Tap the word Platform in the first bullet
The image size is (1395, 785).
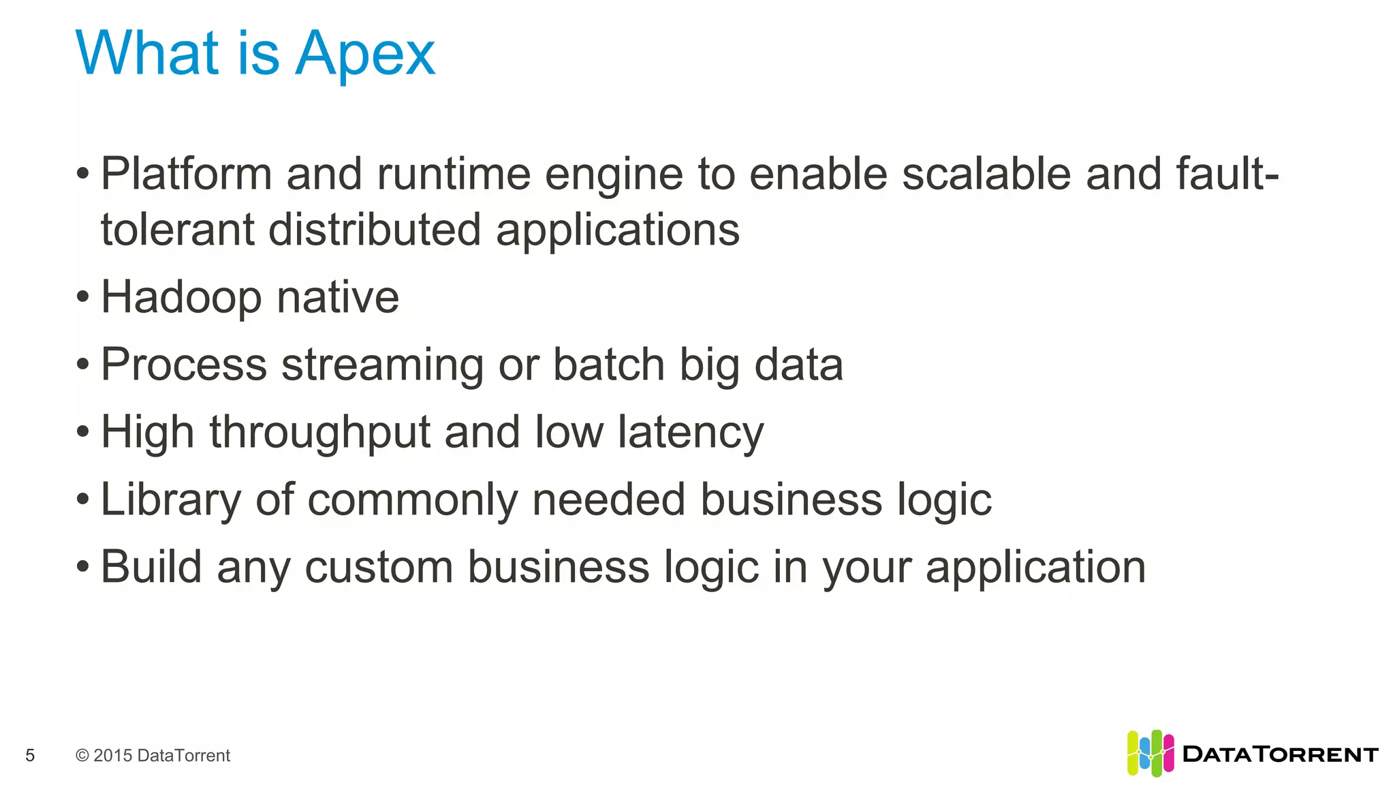(x=186, y=174)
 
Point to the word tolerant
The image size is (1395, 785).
(x=177, y=229)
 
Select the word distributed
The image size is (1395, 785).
(x=375, y=229)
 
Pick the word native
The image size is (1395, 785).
(x=338, y=298)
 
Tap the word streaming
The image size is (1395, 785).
(x=382, y=365)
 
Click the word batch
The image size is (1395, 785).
(x=608, y=365)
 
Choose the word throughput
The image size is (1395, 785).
(x=320, y=433)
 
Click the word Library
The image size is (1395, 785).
(x=170, y=499)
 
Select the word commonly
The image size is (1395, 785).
(x=413, y=499)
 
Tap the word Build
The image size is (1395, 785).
(x=151, y=567)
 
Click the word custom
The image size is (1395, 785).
(x=379, y=567)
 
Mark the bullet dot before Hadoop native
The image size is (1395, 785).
(x=83, y=297)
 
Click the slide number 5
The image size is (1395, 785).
(x=30, y=755)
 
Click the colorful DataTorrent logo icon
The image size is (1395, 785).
(x=1150, y=753)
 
